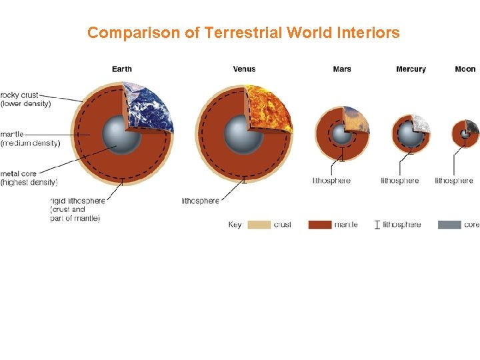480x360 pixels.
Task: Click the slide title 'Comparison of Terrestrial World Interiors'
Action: pos(243,32)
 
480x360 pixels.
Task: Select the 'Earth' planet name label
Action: pos(122,69)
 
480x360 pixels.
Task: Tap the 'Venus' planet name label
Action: pos(244,69)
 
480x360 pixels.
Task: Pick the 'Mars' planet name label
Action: pos(342,69)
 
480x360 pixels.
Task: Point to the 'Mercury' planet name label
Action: pos(411,69)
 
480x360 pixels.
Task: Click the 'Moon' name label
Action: pos(465,69)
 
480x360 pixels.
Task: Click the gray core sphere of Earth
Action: pos(122,134)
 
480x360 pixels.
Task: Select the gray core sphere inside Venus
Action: pos(243,134)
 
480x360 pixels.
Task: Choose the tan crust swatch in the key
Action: pos(259,225)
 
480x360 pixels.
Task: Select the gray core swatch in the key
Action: pos(449,225)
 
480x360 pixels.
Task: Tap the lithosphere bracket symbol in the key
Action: pos(377,225)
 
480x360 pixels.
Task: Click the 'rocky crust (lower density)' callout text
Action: pos(25,99)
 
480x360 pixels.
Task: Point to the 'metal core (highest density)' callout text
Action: pos(29,178)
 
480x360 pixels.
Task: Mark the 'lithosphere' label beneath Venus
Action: pos(200,201)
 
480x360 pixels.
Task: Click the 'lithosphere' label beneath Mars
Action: pos(331,181)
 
